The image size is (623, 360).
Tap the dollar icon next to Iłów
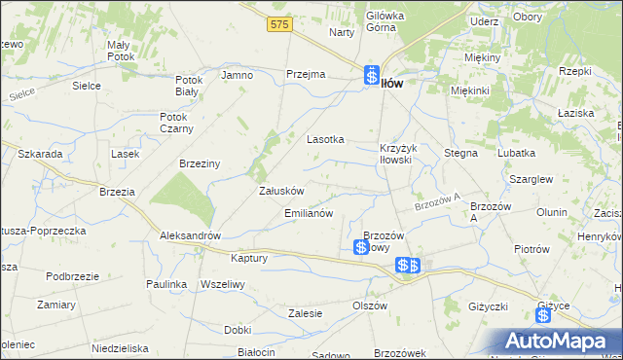372,75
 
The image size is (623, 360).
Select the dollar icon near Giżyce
543,315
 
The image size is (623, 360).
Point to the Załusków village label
282,191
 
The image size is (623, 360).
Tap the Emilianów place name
309,212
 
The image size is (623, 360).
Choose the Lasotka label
326,139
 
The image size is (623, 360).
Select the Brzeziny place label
201,164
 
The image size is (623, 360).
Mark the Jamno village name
237,75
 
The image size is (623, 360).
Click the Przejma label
305,75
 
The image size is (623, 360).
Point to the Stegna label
460,153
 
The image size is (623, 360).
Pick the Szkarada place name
40,155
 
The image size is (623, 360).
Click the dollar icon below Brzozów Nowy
360,249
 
